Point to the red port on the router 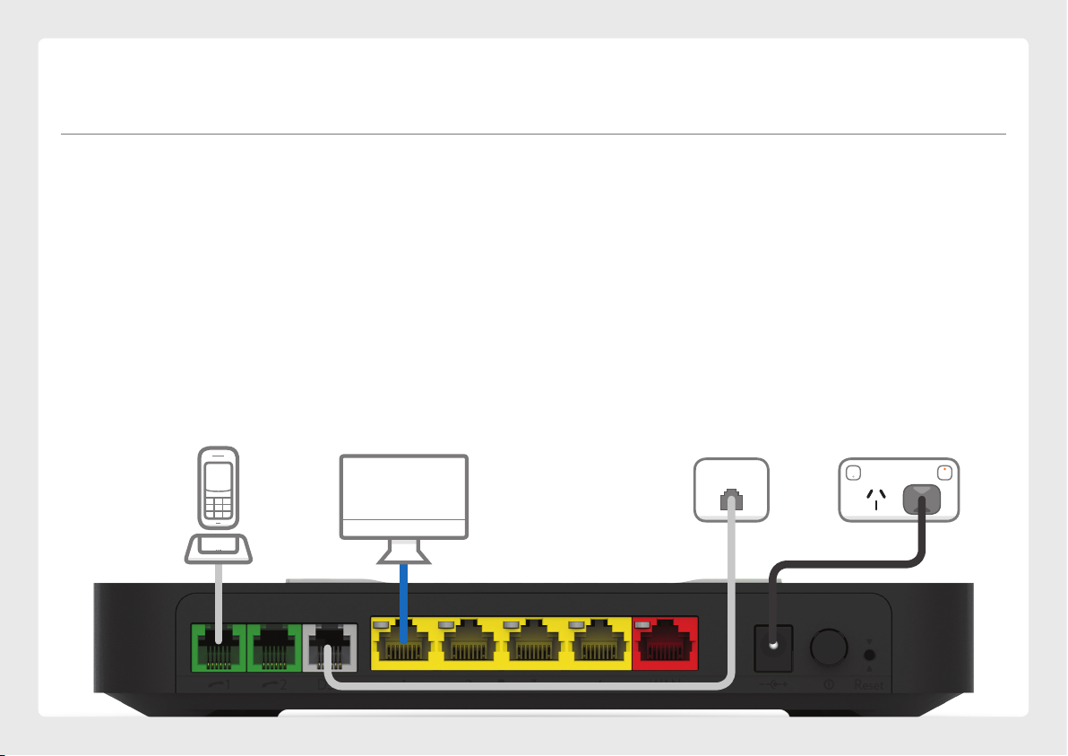(x=665, y=643)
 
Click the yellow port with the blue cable (x=403, y=645)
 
